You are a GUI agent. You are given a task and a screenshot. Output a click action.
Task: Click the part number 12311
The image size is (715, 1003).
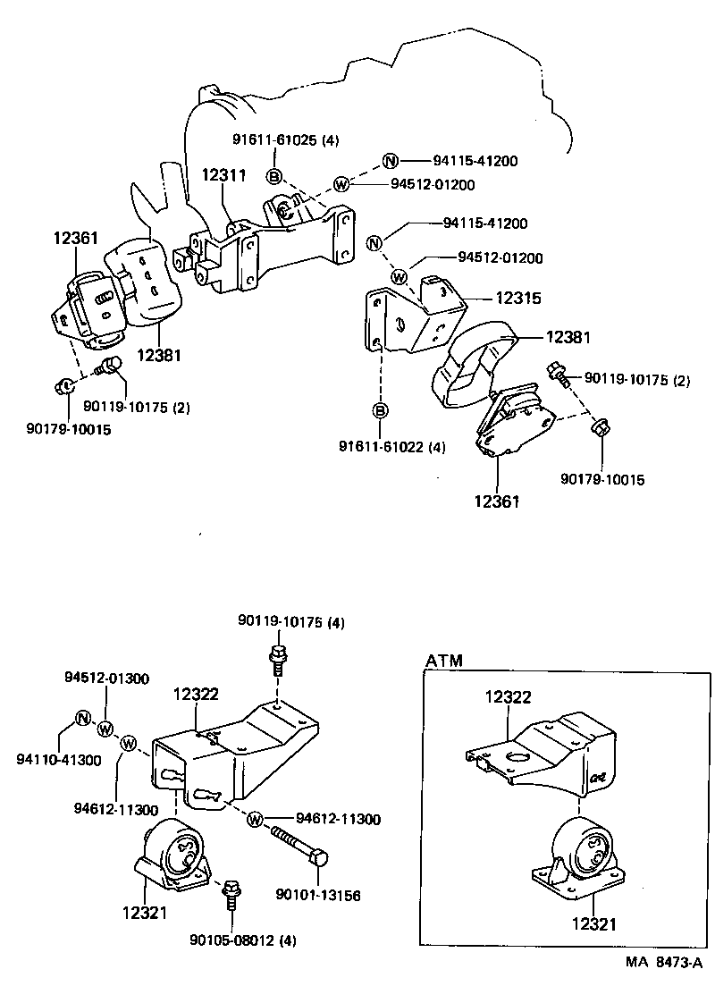click(x=223, y=175)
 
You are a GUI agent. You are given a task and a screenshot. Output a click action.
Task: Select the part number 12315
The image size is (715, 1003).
click(x=519, y=298)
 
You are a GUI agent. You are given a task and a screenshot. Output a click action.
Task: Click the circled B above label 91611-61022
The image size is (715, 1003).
click(x=380, y=410)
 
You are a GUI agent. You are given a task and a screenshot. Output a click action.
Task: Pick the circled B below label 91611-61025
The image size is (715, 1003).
click(x=274, y=175)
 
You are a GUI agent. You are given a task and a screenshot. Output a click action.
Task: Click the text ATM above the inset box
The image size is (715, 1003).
click(x=443, y=662)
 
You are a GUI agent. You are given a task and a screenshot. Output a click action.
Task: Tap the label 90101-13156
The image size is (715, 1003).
click(x=319, y=894)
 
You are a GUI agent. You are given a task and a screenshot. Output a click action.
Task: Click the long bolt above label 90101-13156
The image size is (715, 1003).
click(x=297, y=843)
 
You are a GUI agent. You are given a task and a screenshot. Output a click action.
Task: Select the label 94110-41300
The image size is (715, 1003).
click(x=58, y=760)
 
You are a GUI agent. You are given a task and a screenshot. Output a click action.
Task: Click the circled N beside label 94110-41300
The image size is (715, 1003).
click(x=81, y=718)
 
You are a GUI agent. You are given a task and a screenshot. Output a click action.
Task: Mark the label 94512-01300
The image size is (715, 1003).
click(x=106, y=678)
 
